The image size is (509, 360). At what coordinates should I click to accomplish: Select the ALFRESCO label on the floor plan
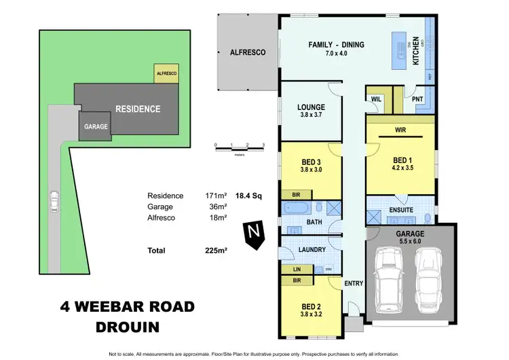pos(247,52)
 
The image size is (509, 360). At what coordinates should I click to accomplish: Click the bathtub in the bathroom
pos(297,207)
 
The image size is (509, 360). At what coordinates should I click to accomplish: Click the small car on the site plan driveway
pos(54,201)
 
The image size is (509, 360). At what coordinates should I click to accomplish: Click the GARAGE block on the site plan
pos(92,126)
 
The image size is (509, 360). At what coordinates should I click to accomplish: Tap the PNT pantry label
pos(418,99)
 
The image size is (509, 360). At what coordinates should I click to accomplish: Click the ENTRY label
pos(354,284)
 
